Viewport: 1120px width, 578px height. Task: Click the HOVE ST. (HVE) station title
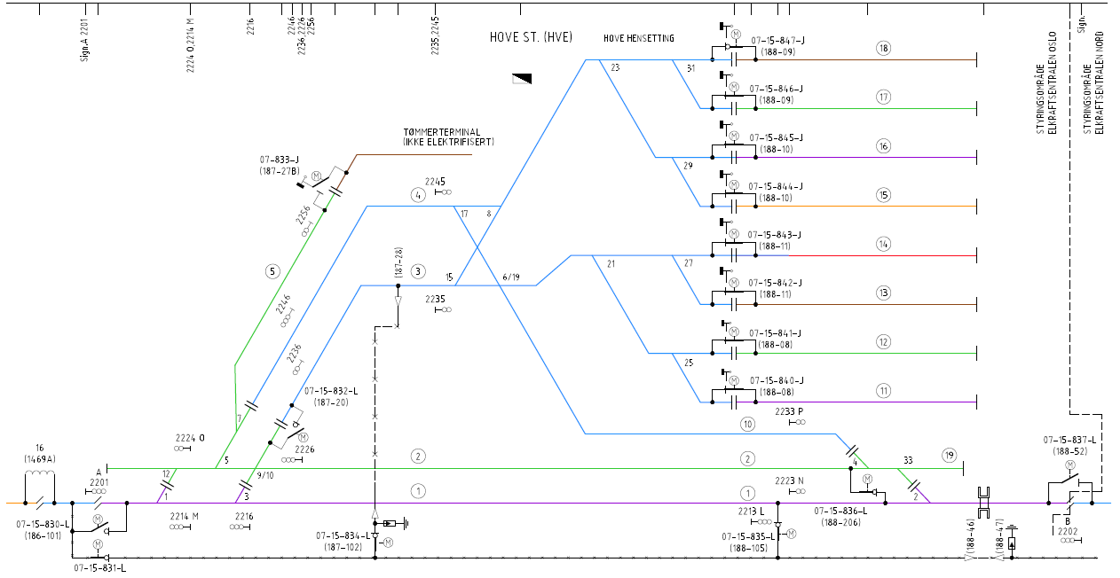pos(531,37)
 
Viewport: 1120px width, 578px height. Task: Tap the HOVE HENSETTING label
pos(638,39)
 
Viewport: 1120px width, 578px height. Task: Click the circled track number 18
pos(882,49)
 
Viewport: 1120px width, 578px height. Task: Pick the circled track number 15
pos(882,195)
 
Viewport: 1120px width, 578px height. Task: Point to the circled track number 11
pos(882,390)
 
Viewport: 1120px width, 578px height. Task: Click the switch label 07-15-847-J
pos(777,41)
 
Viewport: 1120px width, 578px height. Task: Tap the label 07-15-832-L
pos(331,390)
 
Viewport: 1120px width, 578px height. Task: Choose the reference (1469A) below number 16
pos(40,459)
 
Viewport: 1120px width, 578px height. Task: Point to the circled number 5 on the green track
pos(273,270)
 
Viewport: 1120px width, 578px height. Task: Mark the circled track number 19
pos(950,456)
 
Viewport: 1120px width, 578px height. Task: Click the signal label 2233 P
pos(788,411)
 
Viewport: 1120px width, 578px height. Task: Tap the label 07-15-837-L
pos(1069,440)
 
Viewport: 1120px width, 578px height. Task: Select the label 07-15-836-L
pos(840,511)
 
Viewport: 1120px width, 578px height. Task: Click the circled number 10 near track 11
pos(747,424)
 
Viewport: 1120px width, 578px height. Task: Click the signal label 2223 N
pos(788,480)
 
